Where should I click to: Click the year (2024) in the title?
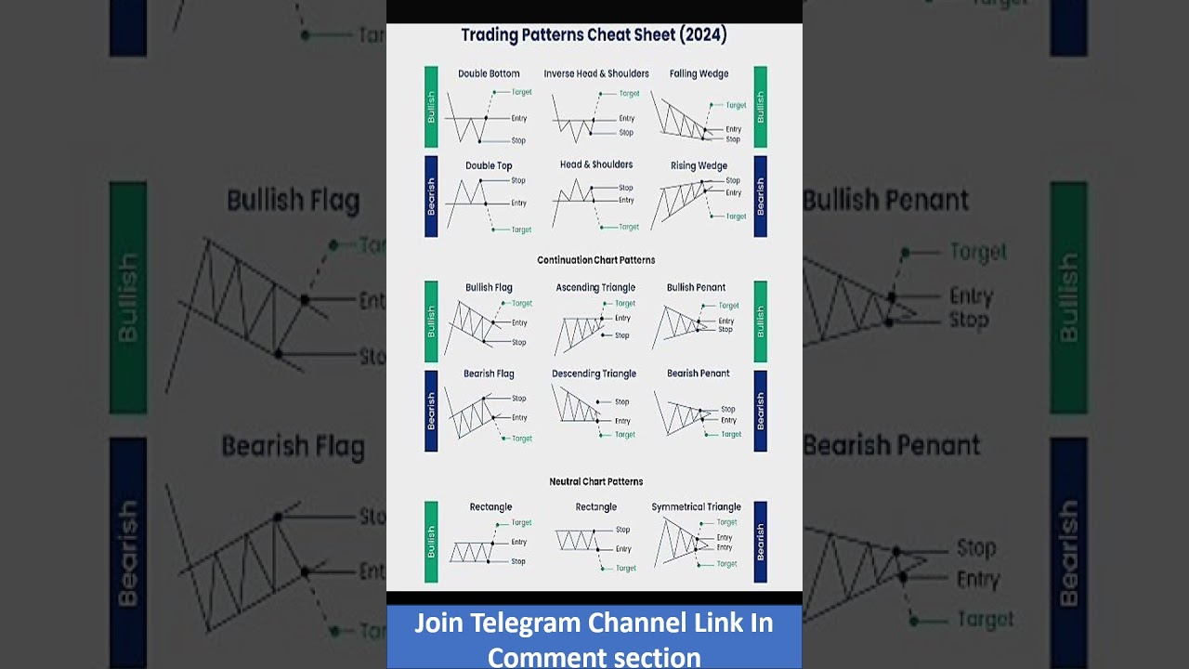click(703, 35)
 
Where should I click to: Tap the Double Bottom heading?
click(489, 73)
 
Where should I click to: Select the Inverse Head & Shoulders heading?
click(596, 73)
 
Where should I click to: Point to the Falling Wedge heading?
click(699, 73)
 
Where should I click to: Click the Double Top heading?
click(489, 165)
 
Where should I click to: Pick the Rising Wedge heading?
click(699, 165)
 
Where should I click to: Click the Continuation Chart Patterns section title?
click(595, 260)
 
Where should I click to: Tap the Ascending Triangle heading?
click(595, 287)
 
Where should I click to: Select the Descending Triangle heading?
click(594, 374)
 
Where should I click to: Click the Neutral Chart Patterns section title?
click(595, 481)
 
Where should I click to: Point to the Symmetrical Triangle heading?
click(696, 506)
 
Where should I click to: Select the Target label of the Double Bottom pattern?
click(521, 92)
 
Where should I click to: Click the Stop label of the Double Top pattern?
click(518, 180)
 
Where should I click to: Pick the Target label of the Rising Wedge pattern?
click(736, 216)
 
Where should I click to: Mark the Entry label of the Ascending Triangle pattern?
click(622, 319)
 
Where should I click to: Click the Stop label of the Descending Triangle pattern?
click(621, 401)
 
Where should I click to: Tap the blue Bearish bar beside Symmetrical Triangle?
click(760, 542)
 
